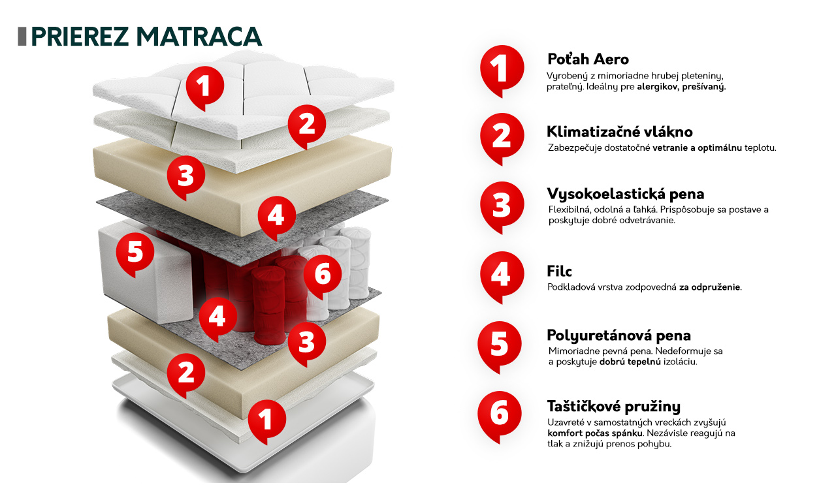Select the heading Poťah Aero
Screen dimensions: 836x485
pyautogui.click(x=588, y=59)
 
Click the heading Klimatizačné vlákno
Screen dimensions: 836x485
pyautogui.click(x=620, y=132)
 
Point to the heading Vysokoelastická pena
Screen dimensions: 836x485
pyautogui.click(x=626, y=194)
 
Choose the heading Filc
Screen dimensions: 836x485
pyautogui.click(x=559, y=272)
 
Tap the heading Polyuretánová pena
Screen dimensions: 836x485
pyautogui.click(x=619, y=336)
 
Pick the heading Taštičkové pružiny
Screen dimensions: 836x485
pyautogui.click(x=613, y=406)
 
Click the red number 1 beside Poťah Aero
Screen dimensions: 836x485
pyautogui.click(x=502, y=71)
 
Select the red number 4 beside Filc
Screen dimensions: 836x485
pyautogui.click(x=502, y=277)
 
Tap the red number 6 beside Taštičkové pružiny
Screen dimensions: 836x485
pyautogui.click(x=500, y=416)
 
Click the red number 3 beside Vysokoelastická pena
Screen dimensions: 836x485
pyautogui.click(x=502, y=207)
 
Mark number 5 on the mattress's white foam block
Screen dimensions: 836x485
pyautogui.click(x=135, y=254)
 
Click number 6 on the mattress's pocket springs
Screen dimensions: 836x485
pyautogui.click(x=323, y=276)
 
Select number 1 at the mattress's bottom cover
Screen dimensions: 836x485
pyautogui.click(x=267, y=421)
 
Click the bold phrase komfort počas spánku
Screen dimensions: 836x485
pyautogui.click(x=595, y=433)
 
